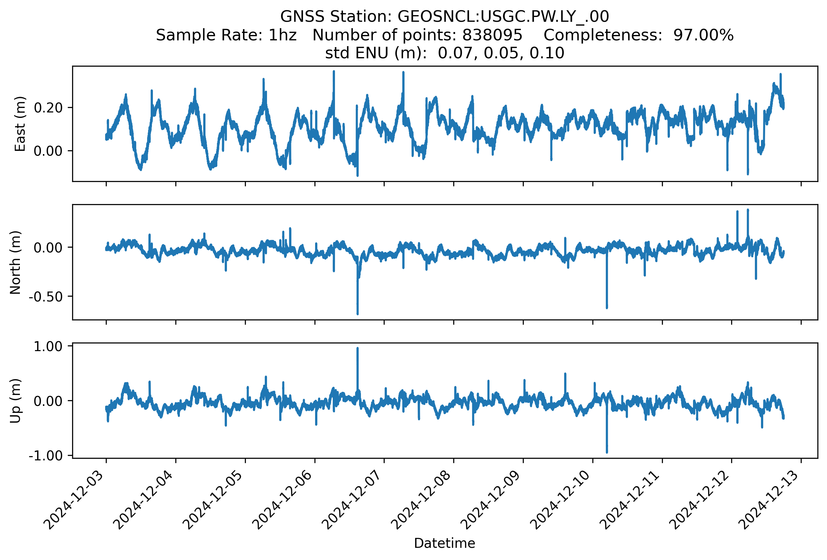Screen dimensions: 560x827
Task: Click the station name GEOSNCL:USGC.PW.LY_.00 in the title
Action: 503,17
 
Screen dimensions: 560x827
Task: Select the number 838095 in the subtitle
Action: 492,35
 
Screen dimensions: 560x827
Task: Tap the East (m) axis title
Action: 20,124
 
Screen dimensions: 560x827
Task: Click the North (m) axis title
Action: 15,262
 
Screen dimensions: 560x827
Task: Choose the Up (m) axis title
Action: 15,401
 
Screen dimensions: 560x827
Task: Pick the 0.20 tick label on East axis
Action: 48,108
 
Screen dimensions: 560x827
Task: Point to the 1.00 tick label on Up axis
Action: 48,346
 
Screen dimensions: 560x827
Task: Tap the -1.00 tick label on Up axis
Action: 46,456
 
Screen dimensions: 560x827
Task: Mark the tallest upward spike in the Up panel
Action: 357,349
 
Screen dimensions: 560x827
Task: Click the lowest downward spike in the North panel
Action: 357,314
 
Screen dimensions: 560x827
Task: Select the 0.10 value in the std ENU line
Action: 547,53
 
